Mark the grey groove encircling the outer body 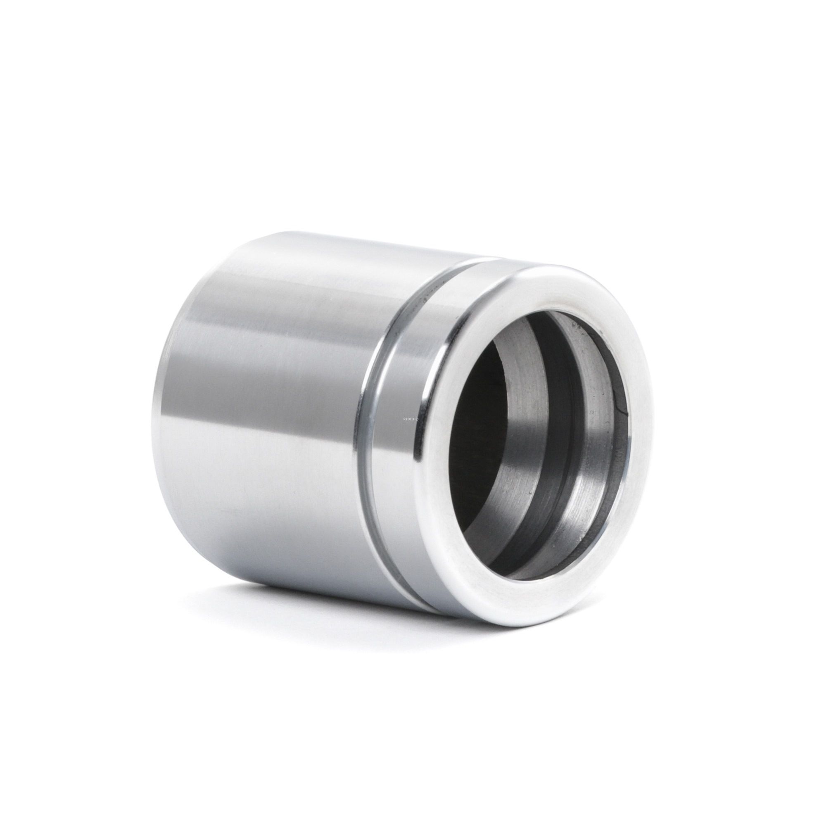376,427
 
